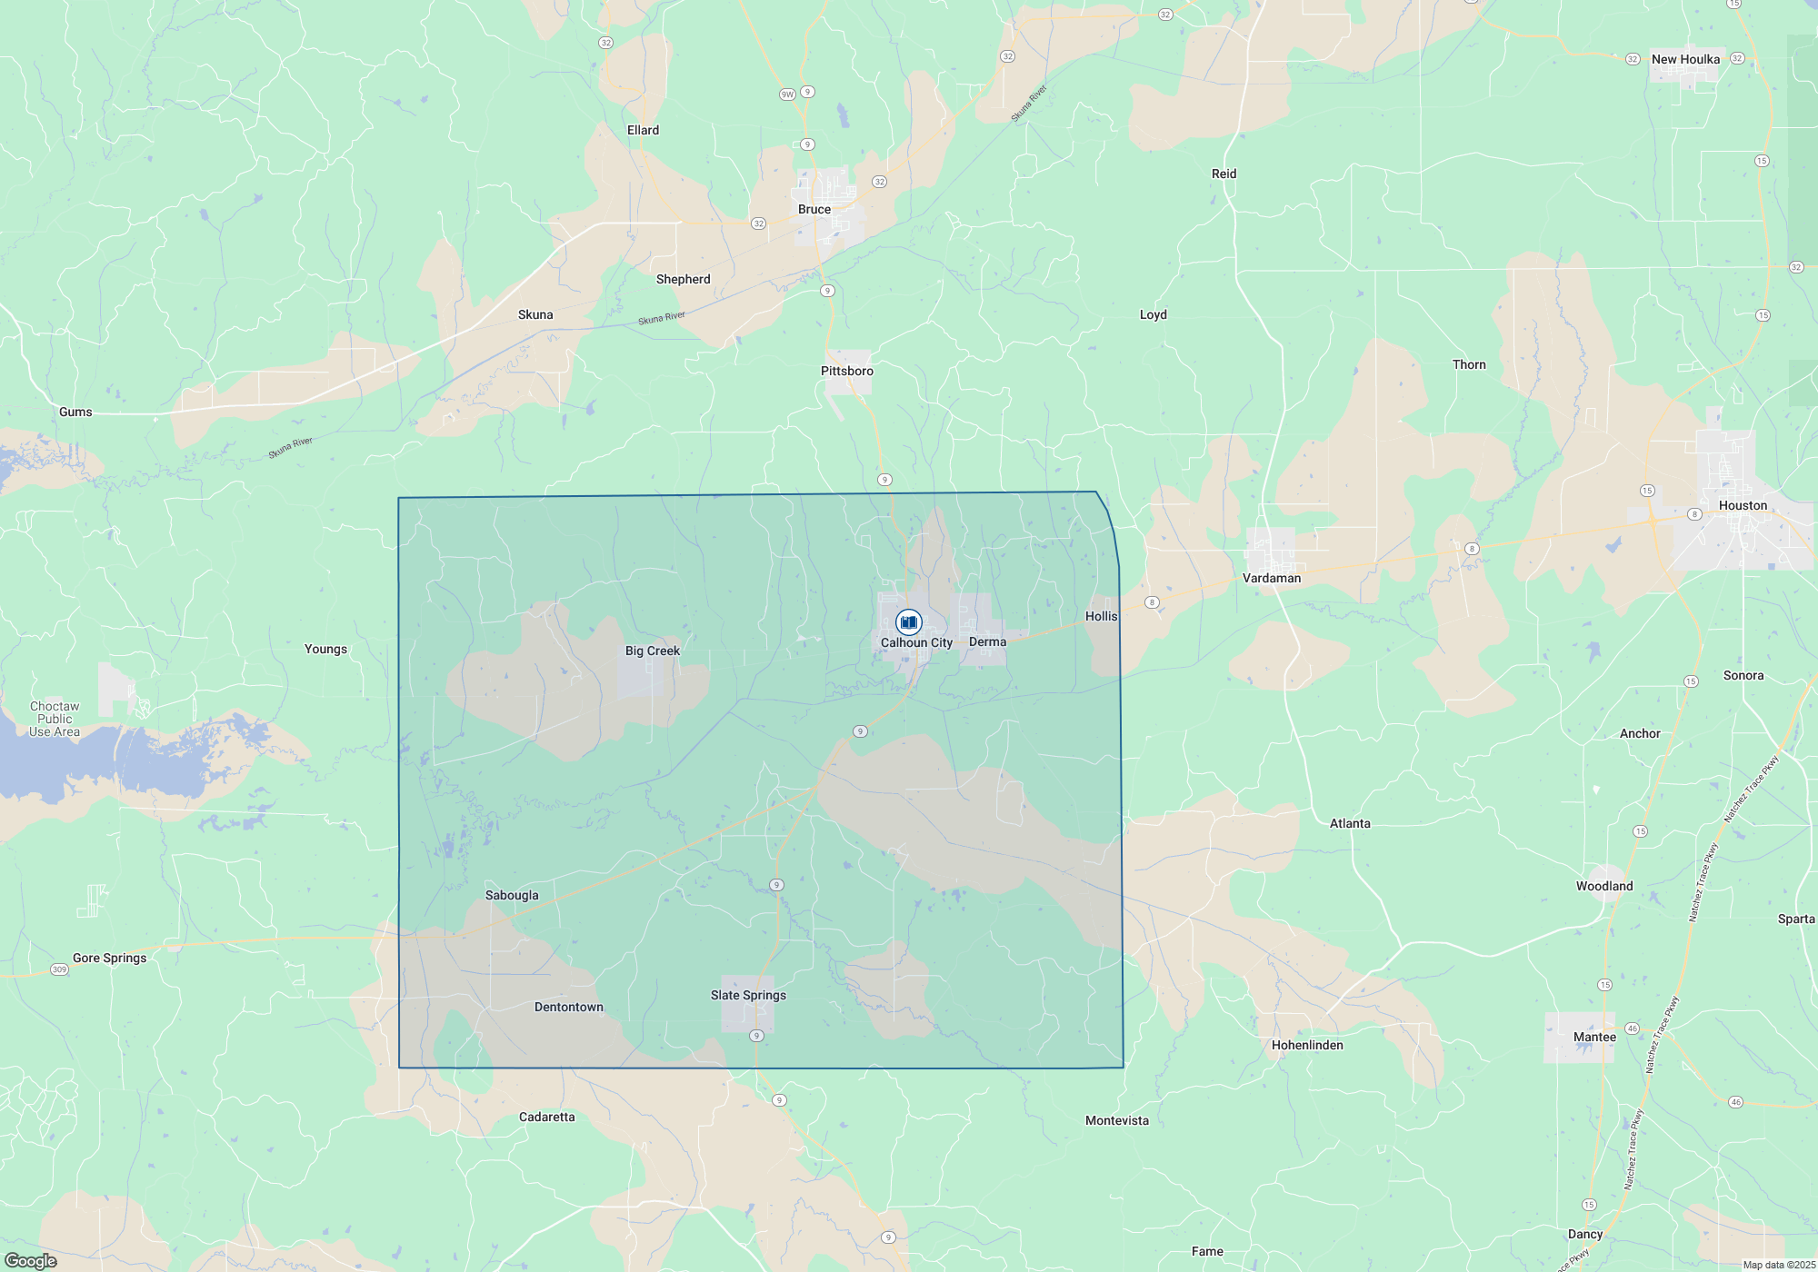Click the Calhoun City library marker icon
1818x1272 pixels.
coord(908,622)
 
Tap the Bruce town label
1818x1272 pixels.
coord(814,209)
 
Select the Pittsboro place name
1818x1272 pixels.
coord(847,371)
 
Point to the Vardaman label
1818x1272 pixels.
coord(1272,578)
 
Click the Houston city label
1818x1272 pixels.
coord(1743,505)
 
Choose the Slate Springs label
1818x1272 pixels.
coord(748,995)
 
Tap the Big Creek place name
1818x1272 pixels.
coord(653,651)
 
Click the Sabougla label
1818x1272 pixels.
coord(512,895)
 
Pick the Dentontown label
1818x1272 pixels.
coord(569,1007)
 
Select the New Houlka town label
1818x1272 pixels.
coord(1685,59)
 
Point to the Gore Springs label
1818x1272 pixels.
coord(109,958)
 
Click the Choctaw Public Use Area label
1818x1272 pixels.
coord(55,719)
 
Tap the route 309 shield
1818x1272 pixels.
coord(59,969)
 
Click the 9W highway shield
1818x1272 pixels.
coord(787,94)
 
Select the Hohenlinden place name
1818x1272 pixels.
coord(1307,1045)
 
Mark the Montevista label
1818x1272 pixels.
coord(1117,1120)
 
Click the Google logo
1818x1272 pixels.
coord(31,1261)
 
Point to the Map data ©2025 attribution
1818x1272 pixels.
coord(1779,1265)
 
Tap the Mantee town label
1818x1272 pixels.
coord(1594,1037)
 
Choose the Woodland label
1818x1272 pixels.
coord(1604,886)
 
